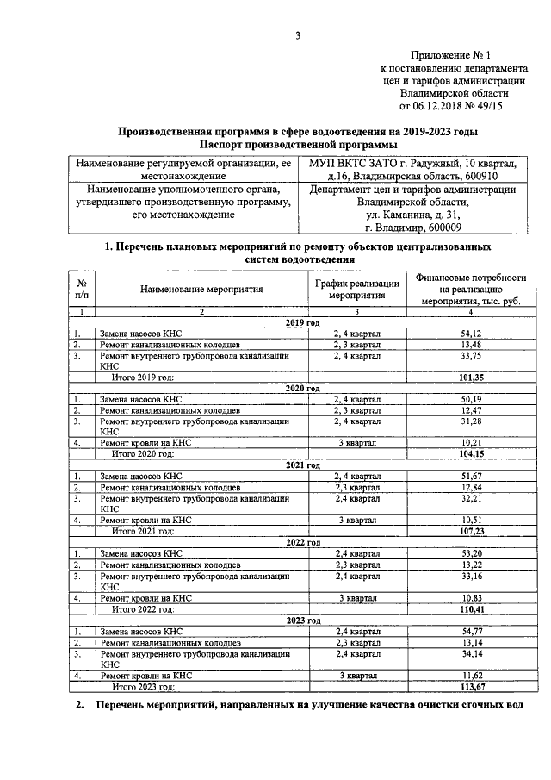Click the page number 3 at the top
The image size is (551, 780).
[298, 35]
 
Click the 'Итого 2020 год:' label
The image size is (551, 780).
[144, 452]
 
